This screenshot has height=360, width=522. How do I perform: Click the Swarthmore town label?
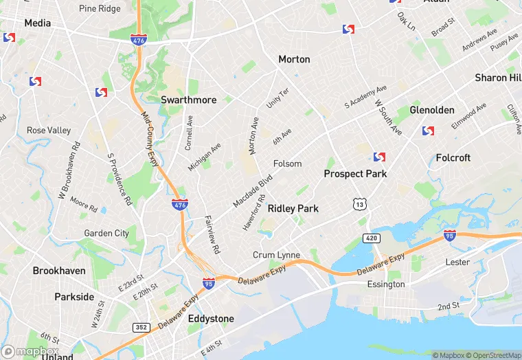coord(188,100)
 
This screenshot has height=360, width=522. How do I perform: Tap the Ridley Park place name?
coord(293,208)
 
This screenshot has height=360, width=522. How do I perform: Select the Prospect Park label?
coord(355,174)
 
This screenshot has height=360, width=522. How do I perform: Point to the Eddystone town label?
coord(211,319)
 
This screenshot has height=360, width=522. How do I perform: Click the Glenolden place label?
coord(431,110)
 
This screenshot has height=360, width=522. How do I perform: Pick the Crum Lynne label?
coord(276,255)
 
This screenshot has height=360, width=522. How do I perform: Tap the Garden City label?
coord(106,233)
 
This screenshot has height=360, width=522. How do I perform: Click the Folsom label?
coord(287,164)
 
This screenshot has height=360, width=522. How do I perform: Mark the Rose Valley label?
coord(49,131)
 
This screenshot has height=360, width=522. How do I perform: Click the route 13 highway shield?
coord(359,204)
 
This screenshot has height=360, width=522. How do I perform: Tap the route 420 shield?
coord(372,238)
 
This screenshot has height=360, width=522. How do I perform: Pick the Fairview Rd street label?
coord(212,234)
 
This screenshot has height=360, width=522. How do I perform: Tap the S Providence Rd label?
coord(119,179)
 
